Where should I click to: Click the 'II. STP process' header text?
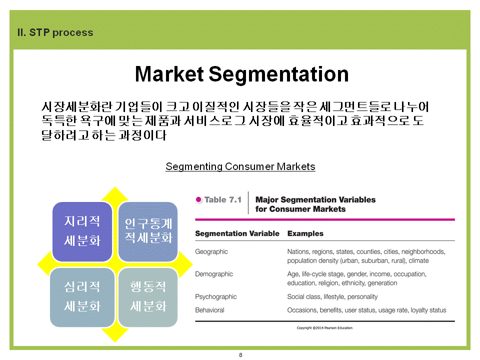click(55, 32)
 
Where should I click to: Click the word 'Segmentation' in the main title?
click(278, 74)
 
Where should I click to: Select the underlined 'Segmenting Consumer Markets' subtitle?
click(240, 166)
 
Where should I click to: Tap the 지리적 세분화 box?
click(82, 231)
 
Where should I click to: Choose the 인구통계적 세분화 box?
click(148, 231)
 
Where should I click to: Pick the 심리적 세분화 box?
click(82, 297)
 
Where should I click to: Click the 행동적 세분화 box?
click(148, 297)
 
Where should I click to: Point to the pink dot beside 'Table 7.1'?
click(198, 199)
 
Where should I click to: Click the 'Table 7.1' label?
click(223, 199)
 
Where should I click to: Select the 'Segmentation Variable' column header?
click(237, 233)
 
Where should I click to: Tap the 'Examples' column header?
click(305, 233)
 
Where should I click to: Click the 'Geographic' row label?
click(211, 251)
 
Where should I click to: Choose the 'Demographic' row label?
click(214, 274)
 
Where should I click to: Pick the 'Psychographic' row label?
click(216, 296)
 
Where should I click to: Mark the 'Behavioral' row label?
click(209, 310)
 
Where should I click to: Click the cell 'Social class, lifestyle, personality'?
click(332, 296)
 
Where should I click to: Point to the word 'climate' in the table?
click(419, 261)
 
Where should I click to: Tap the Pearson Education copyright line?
click(324, 328)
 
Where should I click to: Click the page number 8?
click(240, 355)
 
